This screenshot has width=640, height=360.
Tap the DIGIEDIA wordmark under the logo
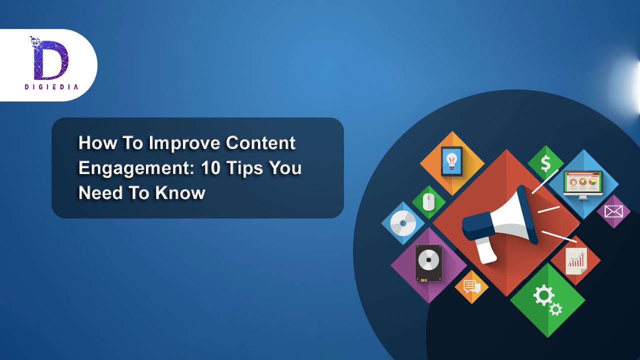click(x=51, y=87)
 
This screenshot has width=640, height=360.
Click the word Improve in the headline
click(x=184, y=143)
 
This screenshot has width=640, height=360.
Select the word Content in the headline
click(x=260, y=142)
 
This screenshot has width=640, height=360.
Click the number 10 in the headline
click(x=210, y=167)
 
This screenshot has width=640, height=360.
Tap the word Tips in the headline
click(x=244, y=168)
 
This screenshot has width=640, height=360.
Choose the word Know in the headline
click(x=180, y=193)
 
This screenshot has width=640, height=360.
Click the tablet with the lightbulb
click(x=451, y=161)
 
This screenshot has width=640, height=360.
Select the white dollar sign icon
click(x=545, y=163)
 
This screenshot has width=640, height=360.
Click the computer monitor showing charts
click(x=583, y=185)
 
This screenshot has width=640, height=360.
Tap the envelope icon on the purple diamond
click(x=613, y=211)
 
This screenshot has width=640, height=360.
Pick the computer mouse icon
click(x=428, y=202)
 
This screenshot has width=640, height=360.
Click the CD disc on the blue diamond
click(x=403, y=223)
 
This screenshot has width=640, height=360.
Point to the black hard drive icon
click(x=428, y=263)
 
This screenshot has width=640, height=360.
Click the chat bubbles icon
click(x=471, y=287)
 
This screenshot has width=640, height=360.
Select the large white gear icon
click(x=543, y=295)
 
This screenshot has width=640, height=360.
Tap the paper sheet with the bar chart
click(x=576, y=261)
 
